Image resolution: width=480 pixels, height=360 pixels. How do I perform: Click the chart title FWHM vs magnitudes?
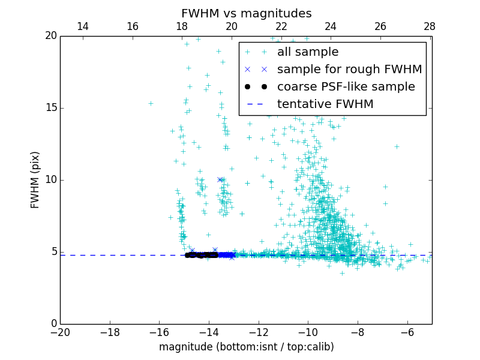246,13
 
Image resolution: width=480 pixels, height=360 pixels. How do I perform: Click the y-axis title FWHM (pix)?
35,180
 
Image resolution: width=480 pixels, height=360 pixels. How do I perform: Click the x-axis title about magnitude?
246,347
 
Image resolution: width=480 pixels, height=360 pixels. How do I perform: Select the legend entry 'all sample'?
307,52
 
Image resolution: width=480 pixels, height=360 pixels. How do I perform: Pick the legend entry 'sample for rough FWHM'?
349,70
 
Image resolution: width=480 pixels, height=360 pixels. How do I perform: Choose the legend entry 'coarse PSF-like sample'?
346,87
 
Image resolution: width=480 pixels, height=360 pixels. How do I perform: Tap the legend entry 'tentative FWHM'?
325,104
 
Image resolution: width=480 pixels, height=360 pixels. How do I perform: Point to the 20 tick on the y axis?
50,36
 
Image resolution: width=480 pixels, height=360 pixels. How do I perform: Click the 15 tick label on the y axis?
50,108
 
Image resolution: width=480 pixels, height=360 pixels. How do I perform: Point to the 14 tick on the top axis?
83,26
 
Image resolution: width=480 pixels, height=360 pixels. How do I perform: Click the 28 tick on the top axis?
430,26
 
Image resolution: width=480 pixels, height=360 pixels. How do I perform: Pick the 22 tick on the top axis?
281,26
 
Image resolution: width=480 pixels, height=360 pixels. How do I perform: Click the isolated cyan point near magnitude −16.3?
151,103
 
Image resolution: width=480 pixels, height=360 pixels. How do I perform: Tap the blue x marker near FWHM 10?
220,180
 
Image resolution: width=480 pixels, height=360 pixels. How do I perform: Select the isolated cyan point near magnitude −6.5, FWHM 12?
397,146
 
